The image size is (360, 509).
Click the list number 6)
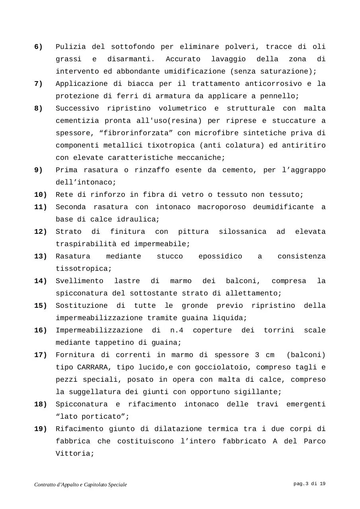[x=39, y=47]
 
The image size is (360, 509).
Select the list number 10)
[x=41, y=195]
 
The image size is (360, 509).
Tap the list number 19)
[x=41, y=429]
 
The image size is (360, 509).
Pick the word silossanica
[x=242, y=232]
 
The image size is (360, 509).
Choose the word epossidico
[x=220, y=256]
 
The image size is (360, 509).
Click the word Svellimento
[x=79, y=281]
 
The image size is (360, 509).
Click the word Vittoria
[x=74, y=454]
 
